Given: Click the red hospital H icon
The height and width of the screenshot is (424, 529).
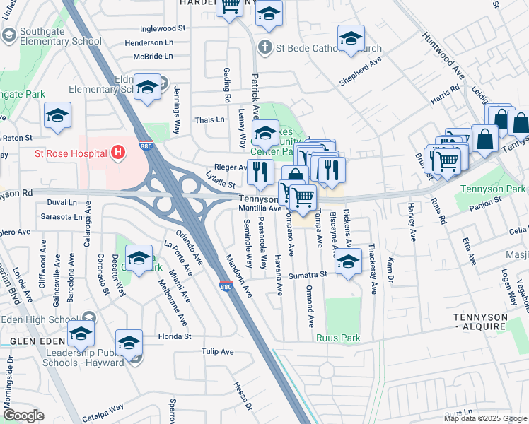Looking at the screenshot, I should click(x=118, y=152).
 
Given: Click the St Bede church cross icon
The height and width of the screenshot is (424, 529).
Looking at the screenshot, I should click(x=265, y=48).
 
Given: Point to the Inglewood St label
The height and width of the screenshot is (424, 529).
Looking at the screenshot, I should click(x=162, y=29).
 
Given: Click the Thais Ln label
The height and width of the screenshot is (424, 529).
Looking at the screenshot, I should click(x=210, y=119).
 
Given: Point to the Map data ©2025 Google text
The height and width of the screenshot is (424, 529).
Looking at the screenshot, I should click(x=484, y=418).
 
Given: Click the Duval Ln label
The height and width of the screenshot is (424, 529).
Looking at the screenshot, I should click(x=62, y=202).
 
